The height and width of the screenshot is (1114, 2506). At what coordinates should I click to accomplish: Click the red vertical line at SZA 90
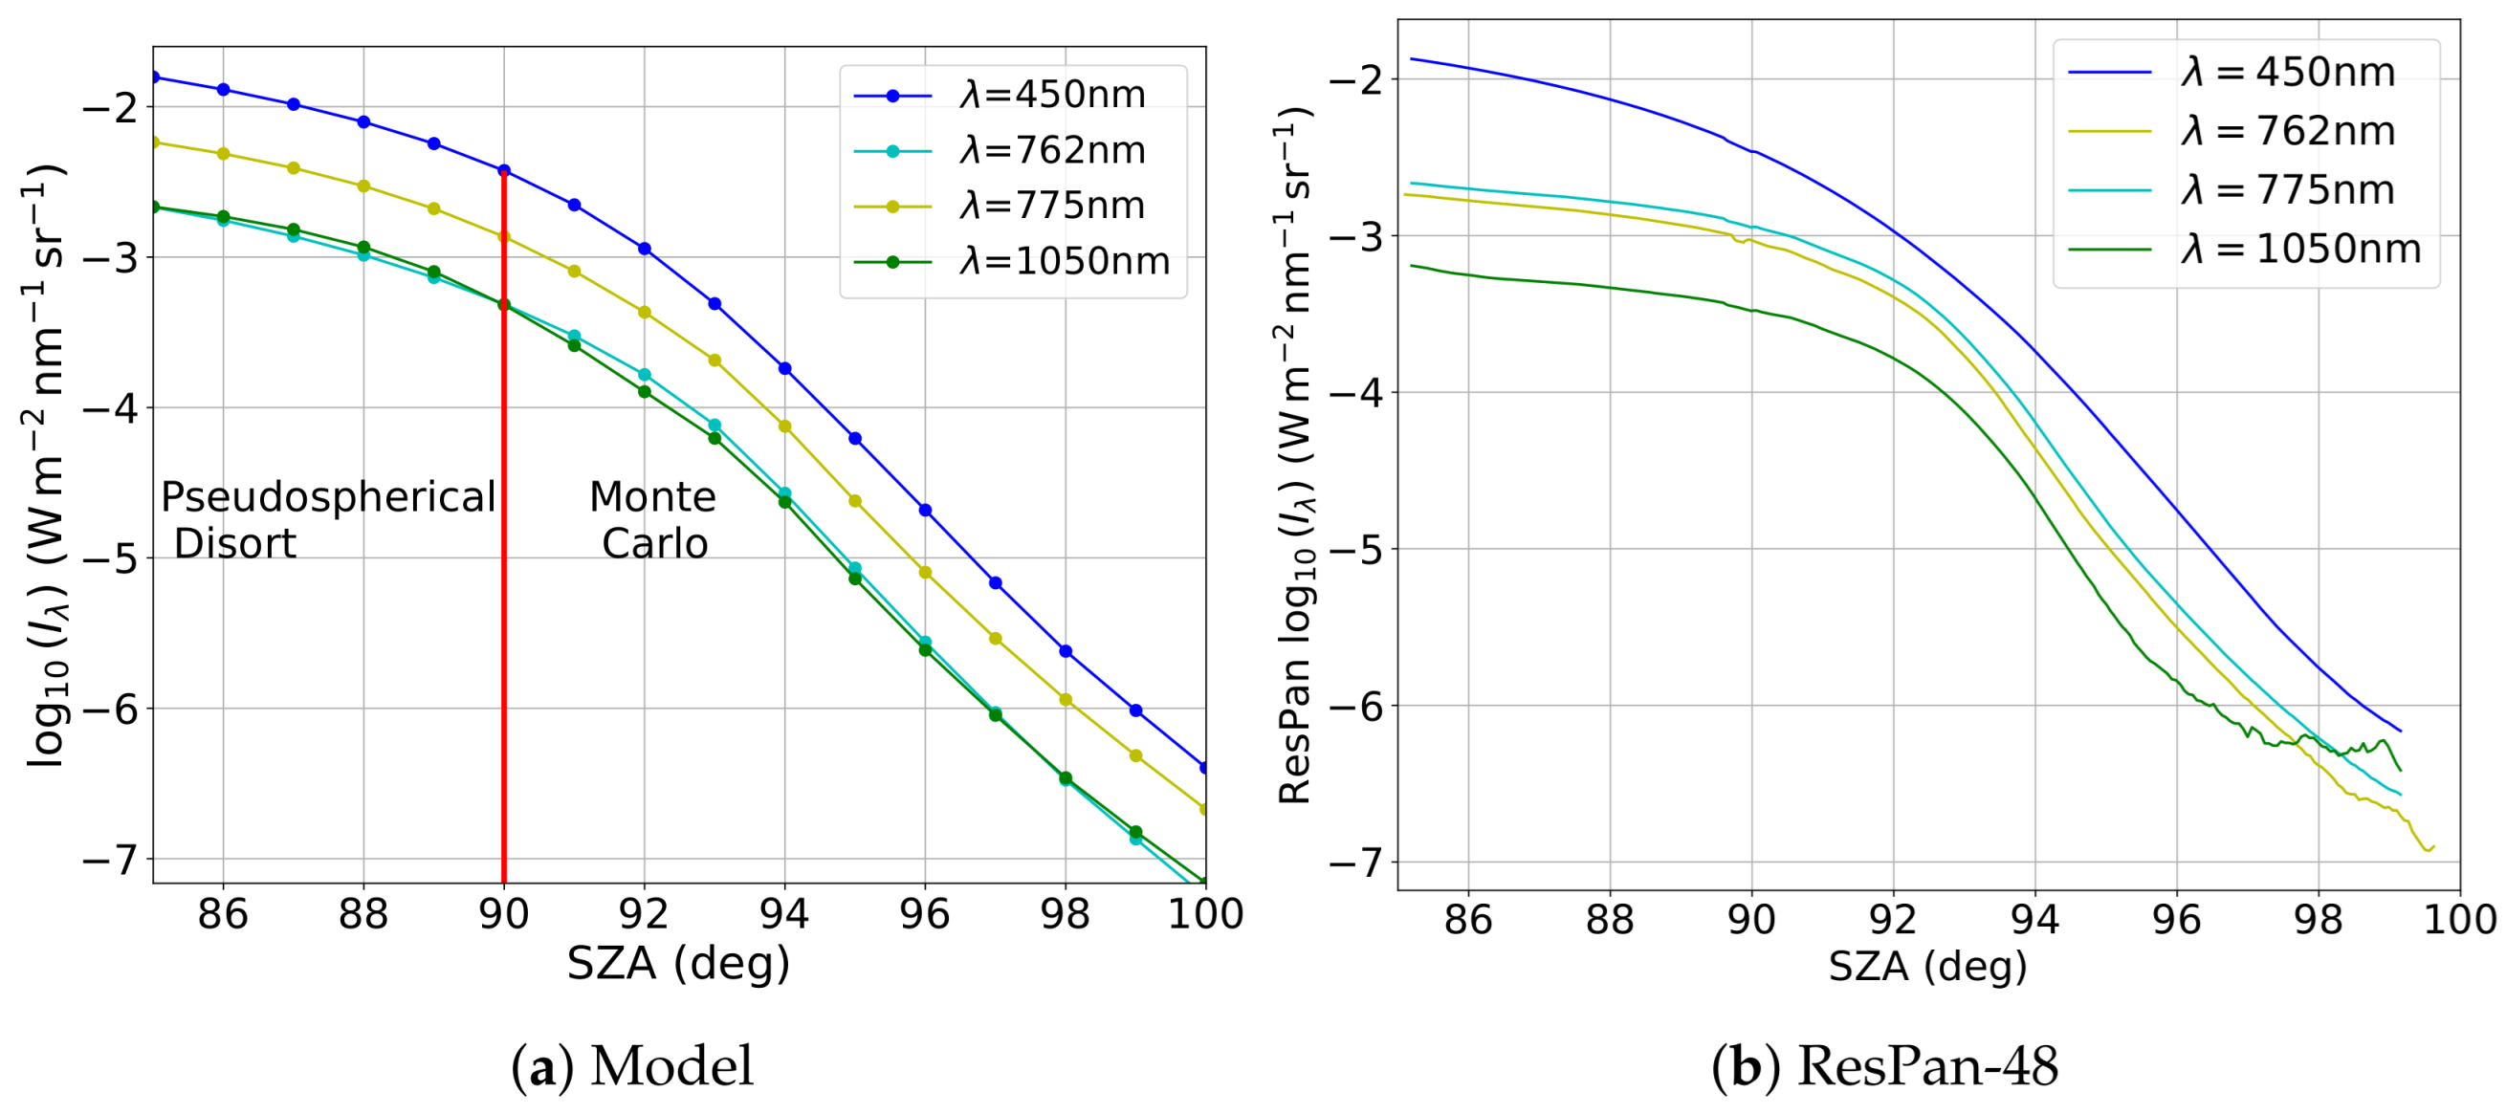504,583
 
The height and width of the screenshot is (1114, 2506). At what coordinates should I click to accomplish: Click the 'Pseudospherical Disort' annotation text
328,519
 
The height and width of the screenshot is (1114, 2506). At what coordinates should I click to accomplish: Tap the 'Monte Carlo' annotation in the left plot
653,519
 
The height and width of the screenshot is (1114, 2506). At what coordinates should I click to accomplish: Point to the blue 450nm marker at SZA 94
785,369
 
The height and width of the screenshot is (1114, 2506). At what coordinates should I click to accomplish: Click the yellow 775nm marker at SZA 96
925,573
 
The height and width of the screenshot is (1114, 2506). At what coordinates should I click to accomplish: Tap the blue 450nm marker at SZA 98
1066,652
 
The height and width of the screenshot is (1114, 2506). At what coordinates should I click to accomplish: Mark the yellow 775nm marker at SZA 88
363,186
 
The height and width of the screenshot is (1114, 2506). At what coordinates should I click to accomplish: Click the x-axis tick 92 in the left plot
644,914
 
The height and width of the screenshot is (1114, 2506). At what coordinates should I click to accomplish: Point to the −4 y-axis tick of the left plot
110,407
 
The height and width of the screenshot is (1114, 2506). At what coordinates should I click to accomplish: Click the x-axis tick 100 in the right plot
2458,920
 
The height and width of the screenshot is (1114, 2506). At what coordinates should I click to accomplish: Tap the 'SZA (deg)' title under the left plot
678,964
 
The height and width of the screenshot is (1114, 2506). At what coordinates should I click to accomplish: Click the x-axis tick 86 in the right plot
1468,920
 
